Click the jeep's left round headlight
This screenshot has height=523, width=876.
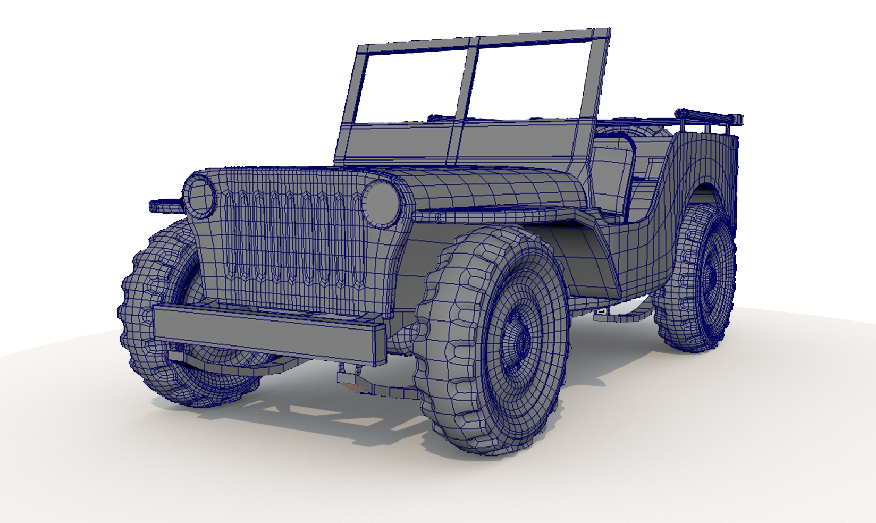tap(199, 197)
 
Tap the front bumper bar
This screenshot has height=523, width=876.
tap(266, 333)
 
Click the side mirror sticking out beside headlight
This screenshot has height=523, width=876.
tap(165, 205)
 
